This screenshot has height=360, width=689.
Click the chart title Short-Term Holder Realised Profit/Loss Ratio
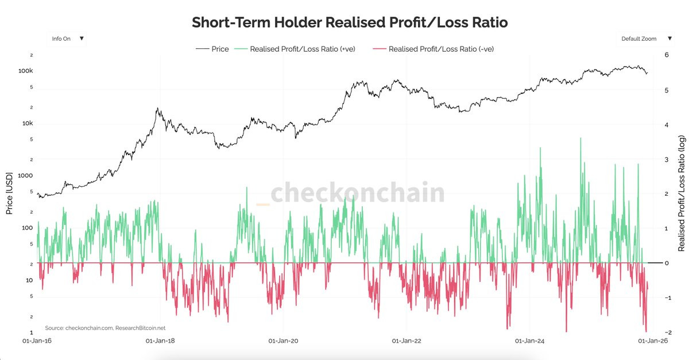(x=350, y=23)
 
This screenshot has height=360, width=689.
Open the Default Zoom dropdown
(x=646, y=38)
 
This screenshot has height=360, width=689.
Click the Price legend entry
(x=212, y=49)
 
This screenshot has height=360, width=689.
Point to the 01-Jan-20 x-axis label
(x=283, y=340)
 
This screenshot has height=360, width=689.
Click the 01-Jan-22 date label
(x=407, y=340)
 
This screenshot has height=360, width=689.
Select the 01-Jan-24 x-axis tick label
(x=530, y=340)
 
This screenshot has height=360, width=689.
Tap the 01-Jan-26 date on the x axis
(x=652, y=340)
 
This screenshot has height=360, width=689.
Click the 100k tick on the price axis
(x=26, y=71)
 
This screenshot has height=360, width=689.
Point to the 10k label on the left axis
(x=28, y=123)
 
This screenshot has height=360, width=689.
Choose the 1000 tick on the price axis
(x=25, y=176)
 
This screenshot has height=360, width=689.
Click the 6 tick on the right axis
(x=666, y=55)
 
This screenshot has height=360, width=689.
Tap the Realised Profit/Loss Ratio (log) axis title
(x=682, y=193)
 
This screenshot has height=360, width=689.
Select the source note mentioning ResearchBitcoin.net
(x=105, y=328)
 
